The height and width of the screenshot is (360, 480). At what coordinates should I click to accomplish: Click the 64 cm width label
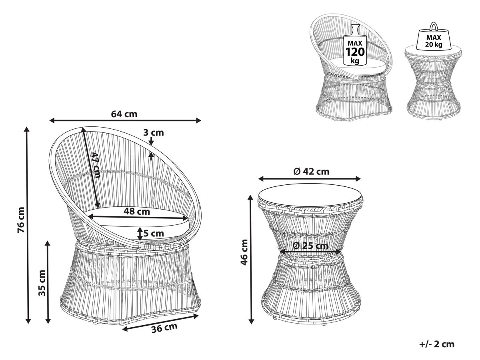coord(124,114)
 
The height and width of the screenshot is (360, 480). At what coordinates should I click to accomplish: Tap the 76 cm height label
coord(22,223)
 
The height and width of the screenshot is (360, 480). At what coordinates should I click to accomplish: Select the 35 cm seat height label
coord(42,283)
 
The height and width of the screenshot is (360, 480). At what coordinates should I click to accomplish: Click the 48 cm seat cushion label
coord(137,211)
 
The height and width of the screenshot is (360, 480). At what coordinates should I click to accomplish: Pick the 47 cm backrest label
coord(96,165)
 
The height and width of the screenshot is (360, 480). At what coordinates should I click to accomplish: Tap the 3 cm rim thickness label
coord(154,132)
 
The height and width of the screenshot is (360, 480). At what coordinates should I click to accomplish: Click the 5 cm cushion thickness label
coord(154,234)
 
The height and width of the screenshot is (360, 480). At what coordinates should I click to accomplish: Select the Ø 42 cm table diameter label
coord(311,172)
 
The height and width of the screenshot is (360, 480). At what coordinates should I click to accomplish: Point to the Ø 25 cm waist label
coord(310,246)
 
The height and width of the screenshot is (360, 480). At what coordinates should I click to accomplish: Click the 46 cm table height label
coord(244,252)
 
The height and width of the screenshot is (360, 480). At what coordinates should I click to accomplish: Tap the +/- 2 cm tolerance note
coord(437,344)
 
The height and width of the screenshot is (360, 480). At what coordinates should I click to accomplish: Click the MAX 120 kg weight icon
coord(355,44)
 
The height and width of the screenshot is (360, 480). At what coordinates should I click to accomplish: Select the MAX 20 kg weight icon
coord(434,36)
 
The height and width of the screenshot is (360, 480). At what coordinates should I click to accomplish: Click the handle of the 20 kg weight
coord(433,26)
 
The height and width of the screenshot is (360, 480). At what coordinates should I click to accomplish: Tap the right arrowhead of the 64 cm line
coord(198,120)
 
